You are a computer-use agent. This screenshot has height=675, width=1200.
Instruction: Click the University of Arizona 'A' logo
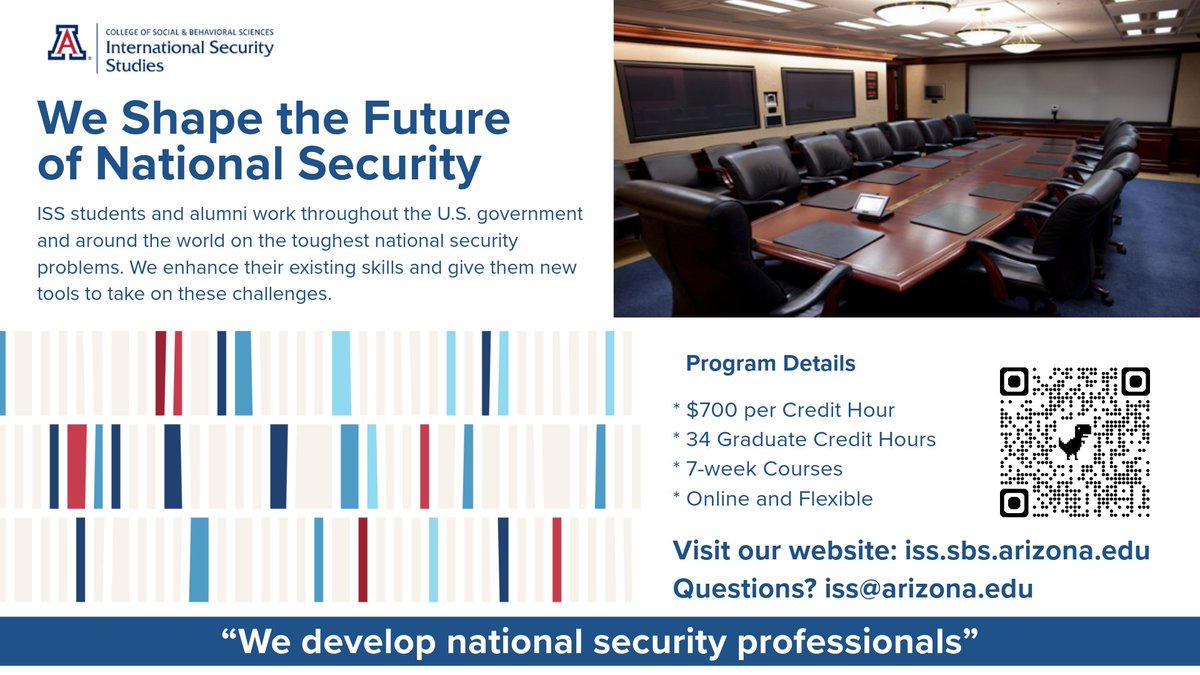click(x=69, y=45)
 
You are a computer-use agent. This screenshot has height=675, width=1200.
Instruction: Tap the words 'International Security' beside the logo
click(x=188, y=48)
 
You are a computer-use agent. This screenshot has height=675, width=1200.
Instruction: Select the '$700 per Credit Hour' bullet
click(x=784, y=410)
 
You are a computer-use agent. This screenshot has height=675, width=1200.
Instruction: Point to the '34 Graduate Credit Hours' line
click(x=804, y=439)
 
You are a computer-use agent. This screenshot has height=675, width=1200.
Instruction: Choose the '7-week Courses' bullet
click(x=758, y=468)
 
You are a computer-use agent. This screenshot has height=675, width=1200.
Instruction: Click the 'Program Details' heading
click(x=770, y=363)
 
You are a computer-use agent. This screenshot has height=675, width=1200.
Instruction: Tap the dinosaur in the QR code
click(x=1075, y=441)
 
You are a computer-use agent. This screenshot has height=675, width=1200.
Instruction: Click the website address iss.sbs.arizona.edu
click(x=1026, y=550)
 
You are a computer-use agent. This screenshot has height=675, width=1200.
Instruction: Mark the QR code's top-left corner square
click(x=1015, y=381)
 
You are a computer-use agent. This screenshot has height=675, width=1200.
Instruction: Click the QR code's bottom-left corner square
click(x=1015, y=502)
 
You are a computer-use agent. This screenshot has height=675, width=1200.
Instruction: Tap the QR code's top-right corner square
click(x=1135, y=381)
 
